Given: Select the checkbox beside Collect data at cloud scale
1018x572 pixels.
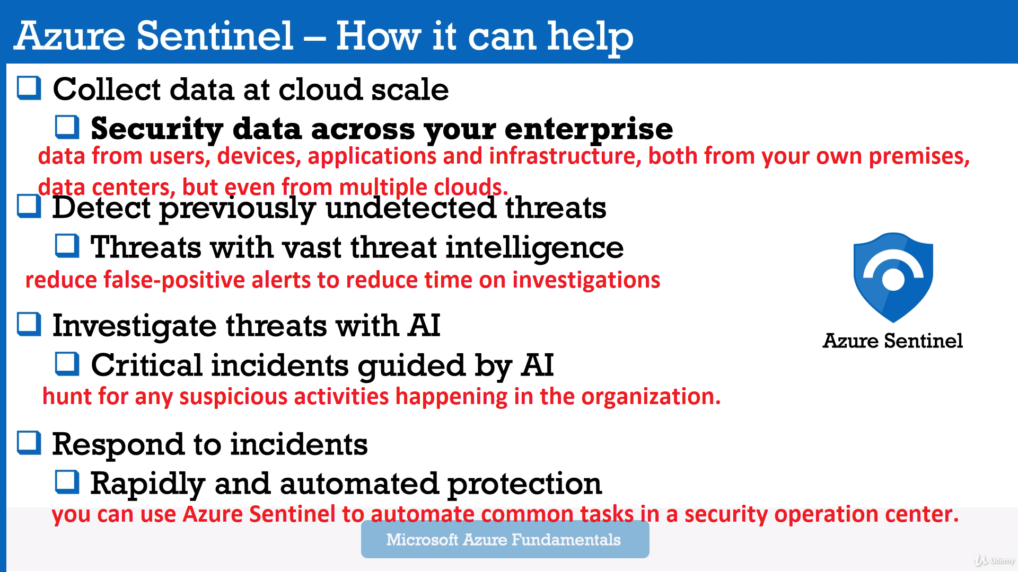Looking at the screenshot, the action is coord(29,88).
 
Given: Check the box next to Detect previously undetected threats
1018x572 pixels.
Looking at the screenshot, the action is coord(29,206).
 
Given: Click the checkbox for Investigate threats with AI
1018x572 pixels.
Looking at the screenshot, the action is coord(29,324).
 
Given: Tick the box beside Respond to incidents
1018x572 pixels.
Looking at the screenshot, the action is coord(29,443).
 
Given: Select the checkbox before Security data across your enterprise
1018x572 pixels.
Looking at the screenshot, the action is coord(67,127).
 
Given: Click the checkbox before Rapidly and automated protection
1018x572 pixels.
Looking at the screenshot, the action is coord(67,482).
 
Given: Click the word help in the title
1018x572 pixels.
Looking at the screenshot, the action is coord(590,37).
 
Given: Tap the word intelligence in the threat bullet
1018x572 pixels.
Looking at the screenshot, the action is coord(534,248).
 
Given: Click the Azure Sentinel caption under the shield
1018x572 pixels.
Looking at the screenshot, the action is coord(893,341).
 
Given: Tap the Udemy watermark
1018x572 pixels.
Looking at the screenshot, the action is coord(994,560).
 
